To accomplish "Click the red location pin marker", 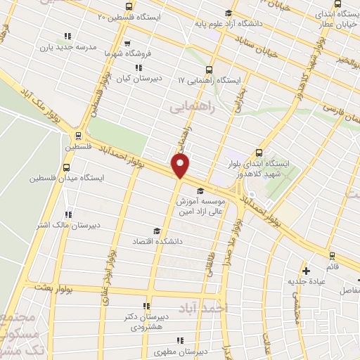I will coord(181,166).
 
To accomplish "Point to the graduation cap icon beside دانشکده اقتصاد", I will coord(157,230).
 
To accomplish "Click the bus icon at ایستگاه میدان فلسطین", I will coord(67,168).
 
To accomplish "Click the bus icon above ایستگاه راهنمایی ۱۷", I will coord(209,70).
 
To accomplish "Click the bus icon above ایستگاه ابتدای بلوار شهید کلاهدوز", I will coord(259,152).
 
